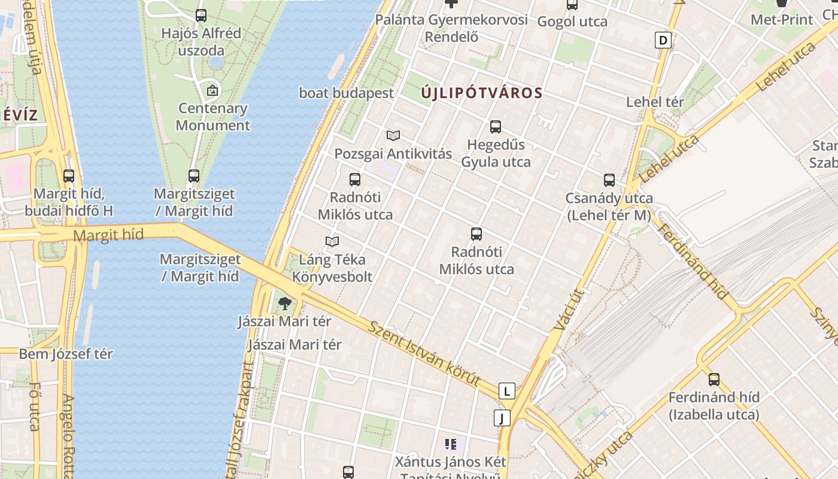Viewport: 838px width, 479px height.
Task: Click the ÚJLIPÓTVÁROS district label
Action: [x=482, y=93]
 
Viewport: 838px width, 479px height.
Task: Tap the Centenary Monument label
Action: [x=212, y=117]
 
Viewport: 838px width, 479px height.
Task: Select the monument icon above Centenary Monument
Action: [x=212, y=91]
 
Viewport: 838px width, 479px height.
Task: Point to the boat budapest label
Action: [x=347, y=93]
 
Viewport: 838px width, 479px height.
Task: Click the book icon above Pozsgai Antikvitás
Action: [x=393, y=136]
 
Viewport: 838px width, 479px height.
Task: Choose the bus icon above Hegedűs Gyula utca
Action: [x=496, y=127]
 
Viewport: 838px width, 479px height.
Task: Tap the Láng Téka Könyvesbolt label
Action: [x=332, y=268]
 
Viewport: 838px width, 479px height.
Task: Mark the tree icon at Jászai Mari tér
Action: [x=285, y=304]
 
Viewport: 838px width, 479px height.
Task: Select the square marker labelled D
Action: [x=663, y=41]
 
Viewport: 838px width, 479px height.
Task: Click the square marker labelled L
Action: [x=507, y=392]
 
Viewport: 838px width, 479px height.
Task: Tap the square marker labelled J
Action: [x=502, y=417]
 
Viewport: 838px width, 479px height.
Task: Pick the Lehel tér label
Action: [x=655, y=102]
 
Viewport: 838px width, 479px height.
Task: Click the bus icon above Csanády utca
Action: [x=609, y=180]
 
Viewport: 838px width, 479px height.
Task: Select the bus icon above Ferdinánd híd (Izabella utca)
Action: [x=714, y=380]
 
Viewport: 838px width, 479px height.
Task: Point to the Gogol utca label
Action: [x=572, y=22]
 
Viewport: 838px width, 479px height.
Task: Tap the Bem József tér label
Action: [x=66, y=354]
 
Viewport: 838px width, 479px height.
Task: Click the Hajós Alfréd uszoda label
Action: [x=201, y=41]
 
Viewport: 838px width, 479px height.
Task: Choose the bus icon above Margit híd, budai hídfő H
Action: [x=69, y=176]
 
